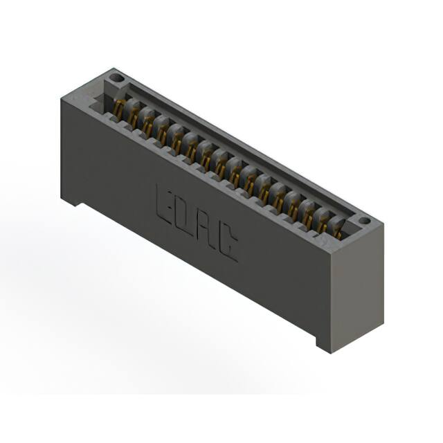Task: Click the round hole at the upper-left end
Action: (116, 78)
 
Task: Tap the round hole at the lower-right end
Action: (364, 220)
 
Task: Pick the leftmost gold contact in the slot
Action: (118, 109)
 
